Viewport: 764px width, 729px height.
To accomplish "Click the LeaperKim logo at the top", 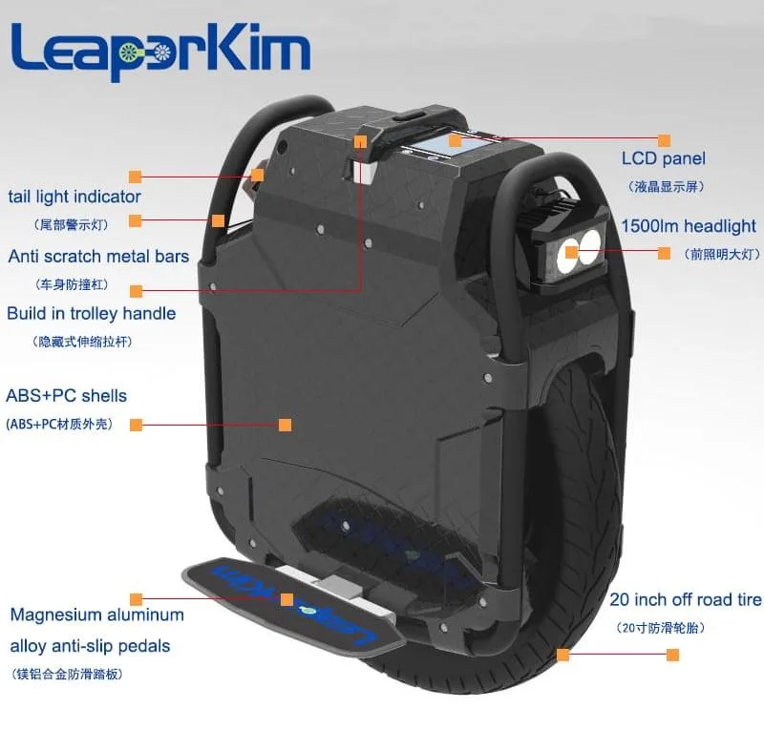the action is pyautogui.click(x=160, y=53).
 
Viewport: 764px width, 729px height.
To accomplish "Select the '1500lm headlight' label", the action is pyautogui.click(x=688, y=227).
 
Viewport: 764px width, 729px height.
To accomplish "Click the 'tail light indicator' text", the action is pyautogui.click(x=74, y=198).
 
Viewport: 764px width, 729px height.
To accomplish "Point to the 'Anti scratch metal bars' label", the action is pyautogui.click(x=98, y=256).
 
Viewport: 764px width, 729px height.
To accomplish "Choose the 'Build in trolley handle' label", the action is pyautogui.click(x=92, y=313).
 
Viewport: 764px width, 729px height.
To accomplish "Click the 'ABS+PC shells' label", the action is pyautogui.click(x=67, y=395).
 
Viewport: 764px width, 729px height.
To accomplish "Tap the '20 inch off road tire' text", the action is pyautogui.click(x=685, y=600).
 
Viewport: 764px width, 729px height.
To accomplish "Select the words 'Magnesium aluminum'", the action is pyautogui.click(x=96, y=614).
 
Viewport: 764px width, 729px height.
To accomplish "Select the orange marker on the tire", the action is pyautogui.click(x=563, y=655).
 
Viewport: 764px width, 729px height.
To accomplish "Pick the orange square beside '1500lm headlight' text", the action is pyautogui.click(x=665, y=253).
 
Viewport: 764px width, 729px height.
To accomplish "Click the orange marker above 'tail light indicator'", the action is pyautogui.click(x=136, y=177).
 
